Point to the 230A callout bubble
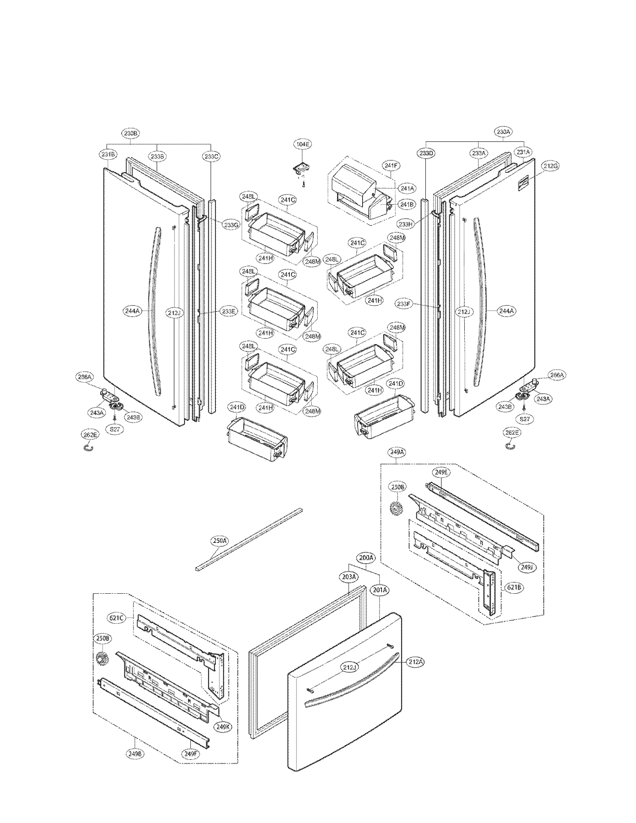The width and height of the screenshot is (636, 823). pos(503,132)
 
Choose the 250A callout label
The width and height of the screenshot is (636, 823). pos(219,540)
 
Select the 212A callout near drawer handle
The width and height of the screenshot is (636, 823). pos(415,662)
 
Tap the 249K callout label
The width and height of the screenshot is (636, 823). pos(223,727)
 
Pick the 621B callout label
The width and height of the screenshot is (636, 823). pos(514,598)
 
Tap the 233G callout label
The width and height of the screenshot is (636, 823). pos(231,225)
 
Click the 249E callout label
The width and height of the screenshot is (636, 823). pos(441,472)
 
